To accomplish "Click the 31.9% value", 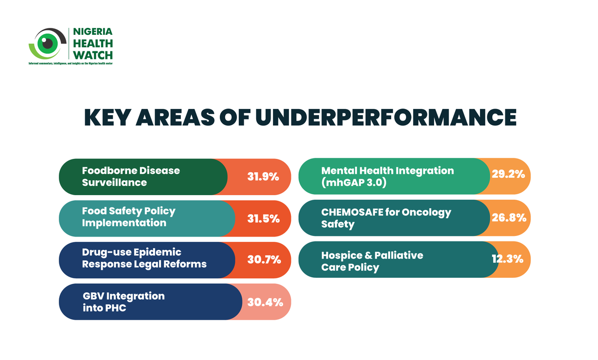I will (x=263, y=177).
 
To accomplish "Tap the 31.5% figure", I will (x=263, y=218).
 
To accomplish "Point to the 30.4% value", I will (x=265, y=302).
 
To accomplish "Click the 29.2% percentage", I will (x=508, y=175).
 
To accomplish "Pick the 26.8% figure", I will (x=508, y=218).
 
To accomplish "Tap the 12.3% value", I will (x=507, y=258).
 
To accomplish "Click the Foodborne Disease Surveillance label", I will (x=131, y=176).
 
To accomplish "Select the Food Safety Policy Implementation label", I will (x=129, y=217).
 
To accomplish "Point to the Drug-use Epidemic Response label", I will (x=144, y=258).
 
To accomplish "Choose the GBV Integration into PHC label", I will (x=124, y=302).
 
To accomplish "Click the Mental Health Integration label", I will (x=387, y=176).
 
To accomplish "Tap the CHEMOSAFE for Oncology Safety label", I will (x=386, y=218).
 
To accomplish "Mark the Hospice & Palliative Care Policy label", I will (x=372, y=261).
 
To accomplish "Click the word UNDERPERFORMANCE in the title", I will (x=386, y=117).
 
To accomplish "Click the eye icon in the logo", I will (x=48, y=44).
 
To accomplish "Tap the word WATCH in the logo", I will (x=93, y=55).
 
